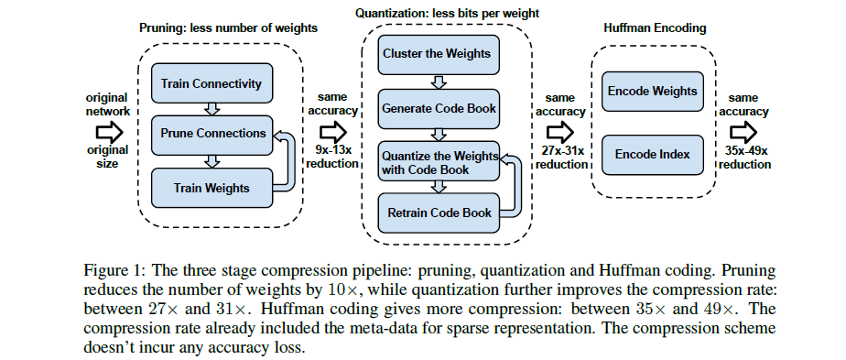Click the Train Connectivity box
(x=211, y=83)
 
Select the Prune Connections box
(x=211, y=134)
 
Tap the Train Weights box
(x=211, y=188)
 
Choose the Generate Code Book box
(x=439, y=108)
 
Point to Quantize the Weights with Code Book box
(x=439, y=161)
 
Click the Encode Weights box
(x=652, y=91)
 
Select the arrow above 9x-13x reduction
(x=331, y=131)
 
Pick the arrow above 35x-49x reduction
(x=743, y=131)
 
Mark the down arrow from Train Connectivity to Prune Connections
(x=211, y=109)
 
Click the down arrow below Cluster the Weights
(x=437, y=81)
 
